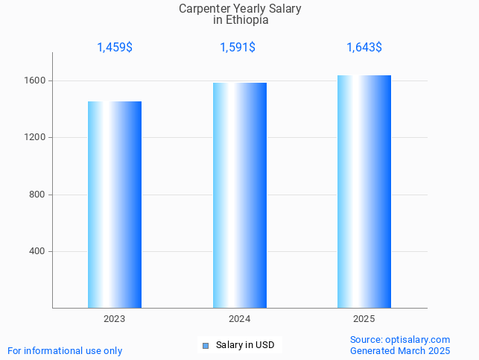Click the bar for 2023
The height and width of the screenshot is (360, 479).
pyautogui.click(x=115, y=204)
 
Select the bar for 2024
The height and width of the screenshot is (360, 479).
pyautogui.click(x=239, y=195)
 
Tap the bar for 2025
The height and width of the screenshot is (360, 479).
pyautogui.click(x=364, y=192)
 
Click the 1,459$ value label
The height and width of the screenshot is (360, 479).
pyautogui.click(x=115, y=48)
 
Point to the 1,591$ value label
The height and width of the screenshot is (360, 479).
pyautogui.click(x=238, y=48)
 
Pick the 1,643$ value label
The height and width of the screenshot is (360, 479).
pyautogui.click(x=364, y=48)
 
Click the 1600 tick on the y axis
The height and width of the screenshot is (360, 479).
pyautogui.click(x=37, y=80)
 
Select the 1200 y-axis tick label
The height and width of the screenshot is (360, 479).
pyautogui.click(x=37, y=138)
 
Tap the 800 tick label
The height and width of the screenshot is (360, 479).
pyautogui.click(x=39, y=195)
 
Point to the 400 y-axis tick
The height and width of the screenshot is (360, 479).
pyautogui.click(x=39, y=251)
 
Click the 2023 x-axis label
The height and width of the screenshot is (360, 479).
pyautogui.click(x=115, y=319)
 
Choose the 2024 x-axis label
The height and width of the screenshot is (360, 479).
pyautogui.click(x=239, y=319)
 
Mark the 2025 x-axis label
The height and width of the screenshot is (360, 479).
pyautogui.click(x=364, y=319)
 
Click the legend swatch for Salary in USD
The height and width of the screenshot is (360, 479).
pyautogui.click(x=206, y=345)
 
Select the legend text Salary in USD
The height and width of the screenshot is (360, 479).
pyautogui.click(x=245, y=345)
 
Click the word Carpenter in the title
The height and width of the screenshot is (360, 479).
pyautogui.click(x=204, y=9)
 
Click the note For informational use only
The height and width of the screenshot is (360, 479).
pyautogui.click(x=65, y=350)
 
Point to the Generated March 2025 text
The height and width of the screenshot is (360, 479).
pyautogui.click(x=400, y=350)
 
